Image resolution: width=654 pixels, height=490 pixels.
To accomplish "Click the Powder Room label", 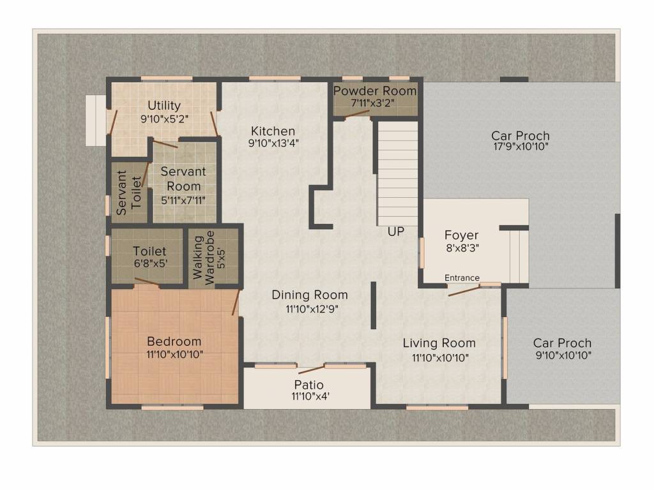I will pyautogui.click(x=375, y=91).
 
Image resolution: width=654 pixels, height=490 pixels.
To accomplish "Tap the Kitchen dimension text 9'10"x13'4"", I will pyautogui.click(x=273, y=144).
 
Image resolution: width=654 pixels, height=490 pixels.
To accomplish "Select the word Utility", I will pyautogui.click(x=164, y=105).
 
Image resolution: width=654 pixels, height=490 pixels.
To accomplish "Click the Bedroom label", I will pyautogui.click(x=174, y=341).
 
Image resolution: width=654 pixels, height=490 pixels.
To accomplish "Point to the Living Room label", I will pyautogui.click(x=439, y=343).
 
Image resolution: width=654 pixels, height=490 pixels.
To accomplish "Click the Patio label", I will pyautogui.click(x=308, y=385).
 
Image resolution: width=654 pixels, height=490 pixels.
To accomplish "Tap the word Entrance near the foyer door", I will pyautogui.click(x=462, y=278).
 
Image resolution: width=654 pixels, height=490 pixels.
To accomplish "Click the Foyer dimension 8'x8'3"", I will pyautogui.click(x=462, y=248).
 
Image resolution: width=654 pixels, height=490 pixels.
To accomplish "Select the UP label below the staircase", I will pyautogui.click(x=396, y=232).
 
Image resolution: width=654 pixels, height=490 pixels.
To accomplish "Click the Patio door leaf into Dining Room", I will pyautogui.click(x=311, y=369).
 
